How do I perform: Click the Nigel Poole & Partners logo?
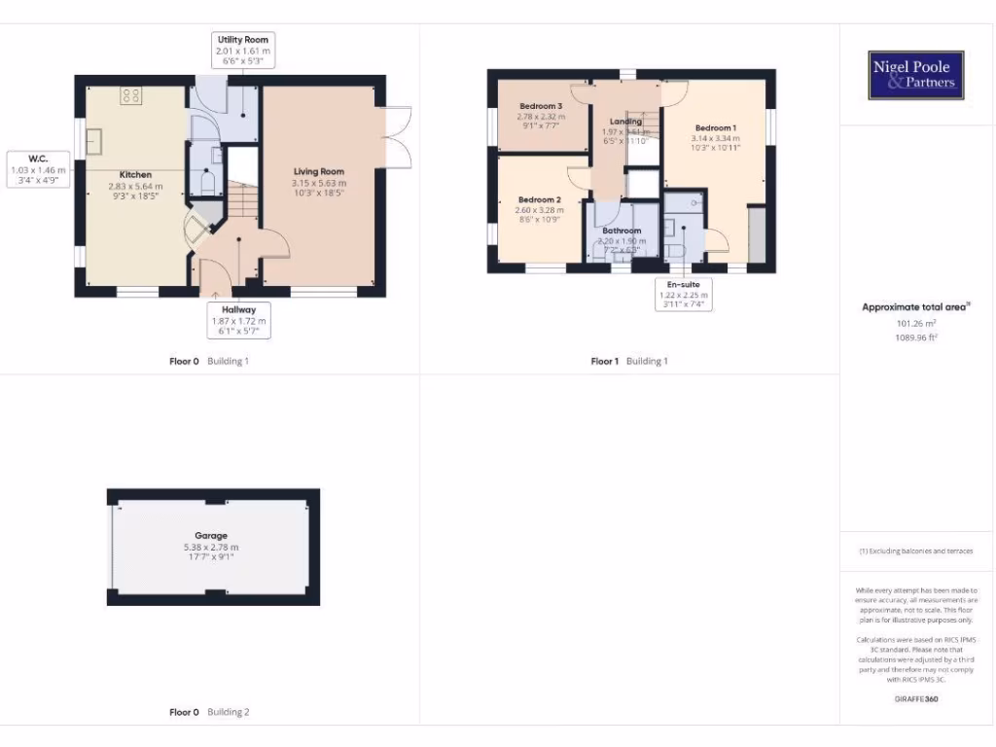(x=916, y=75)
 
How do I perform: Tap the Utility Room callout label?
(x=243, y=50)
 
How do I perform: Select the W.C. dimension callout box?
(x=38, y=168)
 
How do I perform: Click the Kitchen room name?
(x=135, y=175)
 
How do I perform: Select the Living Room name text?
(x=319, y=172)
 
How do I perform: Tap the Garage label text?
(x=211, y=536)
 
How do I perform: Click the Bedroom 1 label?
(x=715, y=128)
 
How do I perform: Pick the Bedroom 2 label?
(x=538, y=199)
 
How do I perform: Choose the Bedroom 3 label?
(x=540, y=106)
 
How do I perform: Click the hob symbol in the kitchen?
(x=129, y=95)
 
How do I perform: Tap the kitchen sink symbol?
(x=96, y=142)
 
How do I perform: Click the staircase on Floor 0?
(x=244, y=201)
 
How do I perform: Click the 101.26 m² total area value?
(x=915, y=323)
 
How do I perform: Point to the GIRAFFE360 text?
(x=915, y=698)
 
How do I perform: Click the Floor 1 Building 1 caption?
(x=629, y=361)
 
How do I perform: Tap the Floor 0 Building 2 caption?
(x=209, y=712)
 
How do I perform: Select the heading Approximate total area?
(x=915, y=307)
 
